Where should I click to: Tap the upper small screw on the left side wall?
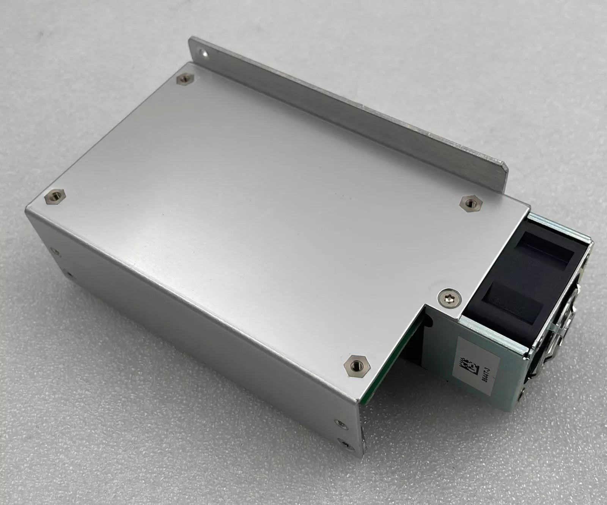57,251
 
